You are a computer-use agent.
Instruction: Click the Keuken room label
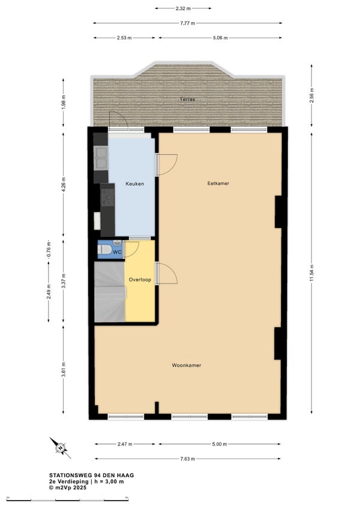click(x=135, y=184)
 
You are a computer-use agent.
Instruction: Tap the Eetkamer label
click(x=218, y=184)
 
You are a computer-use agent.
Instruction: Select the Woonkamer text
click(x=187, y=365)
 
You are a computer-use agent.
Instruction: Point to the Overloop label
click(x=140, y=280)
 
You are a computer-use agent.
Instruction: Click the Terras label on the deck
click(x=188, y=99)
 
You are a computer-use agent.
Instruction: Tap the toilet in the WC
click(x=104, y=250)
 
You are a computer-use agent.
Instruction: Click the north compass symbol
click(x=60, y=448)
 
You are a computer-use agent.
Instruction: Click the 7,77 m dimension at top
click(x=188, y=23)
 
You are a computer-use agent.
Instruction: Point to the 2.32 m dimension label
click(x=183, y=8)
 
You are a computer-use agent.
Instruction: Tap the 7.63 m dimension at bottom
click(x=188, y=459)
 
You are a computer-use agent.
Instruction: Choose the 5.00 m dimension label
click(x=220, y=444)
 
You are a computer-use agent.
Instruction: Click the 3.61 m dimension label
click(x=64, y=369)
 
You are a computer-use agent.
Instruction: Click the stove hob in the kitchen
click(x=108, y=197)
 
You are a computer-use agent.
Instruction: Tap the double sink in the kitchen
click(x=101, y=158)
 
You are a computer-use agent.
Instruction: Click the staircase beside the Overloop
click(x=110, y=292)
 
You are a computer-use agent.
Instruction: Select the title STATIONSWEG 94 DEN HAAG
click(x=92, y=475)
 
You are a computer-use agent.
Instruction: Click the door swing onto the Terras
click(x=118, y=119)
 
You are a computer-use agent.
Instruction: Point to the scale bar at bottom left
click(x=68, y=498)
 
